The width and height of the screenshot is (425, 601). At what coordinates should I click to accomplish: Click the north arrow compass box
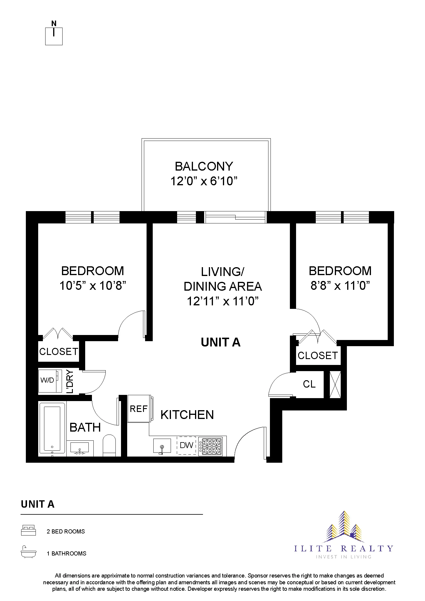[x=54, y=36]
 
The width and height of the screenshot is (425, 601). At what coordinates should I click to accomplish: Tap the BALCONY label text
[x=204, y=166]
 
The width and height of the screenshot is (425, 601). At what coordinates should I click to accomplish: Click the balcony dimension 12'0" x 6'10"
[x=204, y=181]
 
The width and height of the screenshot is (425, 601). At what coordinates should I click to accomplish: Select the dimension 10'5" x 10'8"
[x=93, y=285]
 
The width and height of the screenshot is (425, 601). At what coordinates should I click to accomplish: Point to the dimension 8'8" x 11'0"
[x=340, y=285]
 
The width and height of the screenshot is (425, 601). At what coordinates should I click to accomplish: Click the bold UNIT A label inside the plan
[x=221, y=342]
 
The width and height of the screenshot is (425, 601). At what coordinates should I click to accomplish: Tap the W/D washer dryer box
[x=48, y=381]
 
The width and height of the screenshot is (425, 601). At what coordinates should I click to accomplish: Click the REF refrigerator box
[x=139, y=409]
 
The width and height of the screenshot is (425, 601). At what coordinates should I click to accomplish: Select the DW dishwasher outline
[x=187, y=445]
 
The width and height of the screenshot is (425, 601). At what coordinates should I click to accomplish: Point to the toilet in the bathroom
[x=109, y=445]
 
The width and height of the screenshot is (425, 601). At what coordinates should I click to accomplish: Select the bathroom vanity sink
[x=80, y=448]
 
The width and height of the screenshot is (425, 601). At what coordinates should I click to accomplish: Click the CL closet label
[x=309, y=384]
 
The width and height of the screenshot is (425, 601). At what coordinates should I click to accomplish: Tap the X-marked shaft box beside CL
[x=335, y=385]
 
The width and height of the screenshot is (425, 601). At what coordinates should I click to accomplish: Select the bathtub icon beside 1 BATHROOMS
[x=28, y=553]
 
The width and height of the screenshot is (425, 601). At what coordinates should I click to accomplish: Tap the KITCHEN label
[x=187, y=415]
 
